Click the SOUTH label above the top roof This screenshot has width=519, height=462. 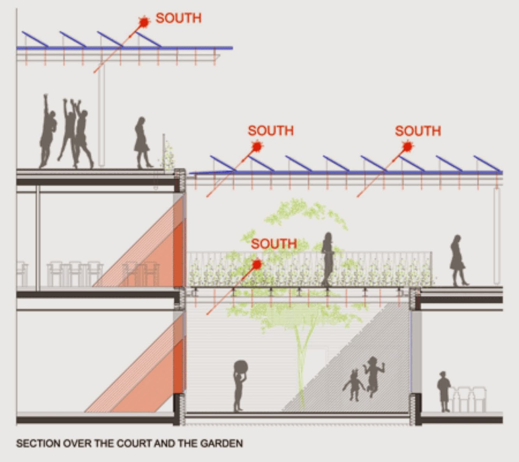point(179,18)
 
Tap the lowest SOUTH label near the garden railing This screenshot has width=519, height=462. point(274,244)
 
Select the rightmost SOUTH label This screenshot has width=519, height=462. point(418,131)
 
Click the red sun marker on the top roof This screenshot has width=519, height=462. point(144,21)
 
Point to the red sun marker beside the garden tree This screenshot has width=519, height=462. point(257,264)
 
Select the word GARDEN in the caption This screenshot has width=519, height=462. point(222,443)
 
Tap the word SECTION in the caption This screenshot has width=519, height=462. point(38,443)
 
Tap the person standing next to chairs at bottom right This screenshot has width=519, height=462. point(443,392)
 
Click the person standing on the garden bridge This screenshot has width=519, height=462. point(328,259)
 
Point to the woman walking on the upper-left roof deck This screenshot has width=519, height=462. point(142,142)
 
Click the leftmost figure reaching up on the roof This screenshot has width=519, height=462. point(48,131)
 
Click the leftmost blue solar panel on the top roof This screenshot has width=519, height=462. point(35,39)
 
